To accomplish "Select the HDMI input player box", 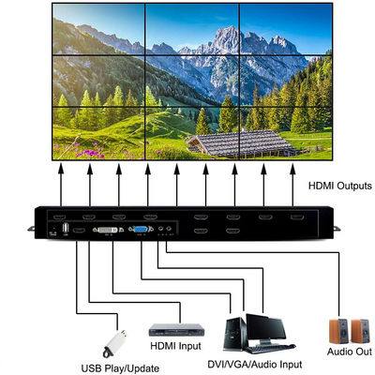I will (177, 329).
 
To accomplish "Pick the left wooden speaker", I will (337, 330).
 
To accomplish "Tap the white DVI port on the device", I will (112, 228).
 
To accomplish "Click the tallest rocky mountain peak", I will (225, 37).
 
